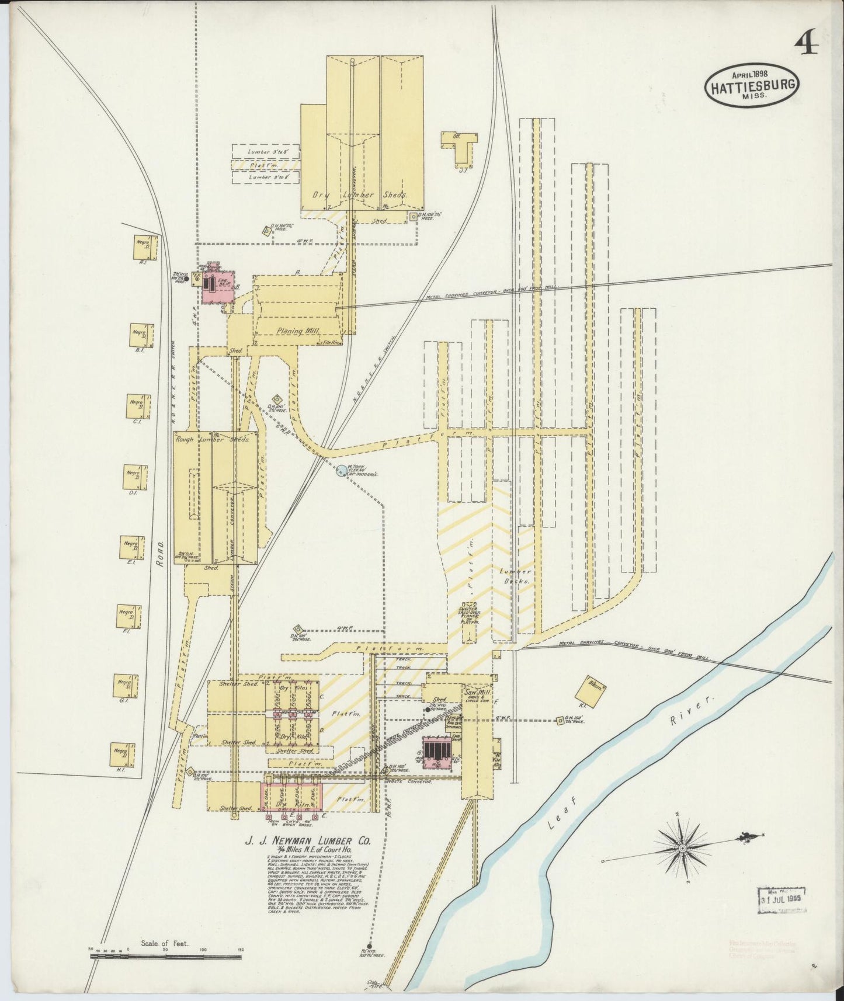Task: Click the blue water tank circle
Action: point(342,470)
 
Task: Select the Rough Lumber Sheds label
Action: point(212,440)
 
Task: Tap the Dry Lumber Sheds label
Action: point(359,196)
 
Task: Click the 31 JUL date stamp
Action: point(782,915)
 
